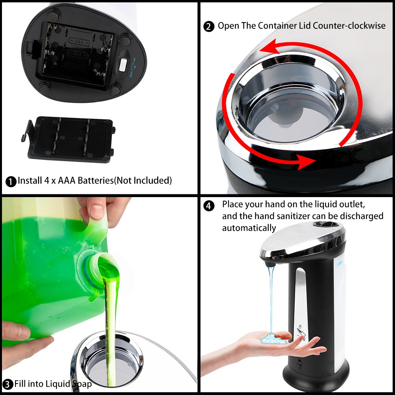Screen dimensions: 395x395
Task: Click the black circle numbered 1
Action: (x=11, y=181)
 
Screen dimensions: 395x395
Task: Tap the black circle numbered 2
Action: (x=209, y=26)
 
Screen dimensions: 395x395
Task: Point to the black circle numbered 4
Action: (x=209, y=206)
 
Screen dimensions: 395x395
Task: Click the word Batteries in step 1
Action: (x=96, y=181)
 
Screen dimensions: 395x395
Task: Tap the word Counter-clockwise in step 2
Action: (x=349, y=25)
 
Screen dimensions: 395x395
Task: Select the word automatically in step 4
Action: (x=249, y=228)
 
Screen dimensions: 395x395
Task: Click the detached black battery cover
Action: (x=68, y=139)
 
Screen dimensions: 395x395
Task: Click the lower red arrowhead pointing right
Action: (x=306, y=162)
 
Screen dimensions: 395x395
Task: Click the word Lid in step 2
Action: (x=305, y=25)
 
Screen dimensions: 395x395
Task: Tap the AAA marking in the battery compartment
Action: (x=80, y=41)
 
